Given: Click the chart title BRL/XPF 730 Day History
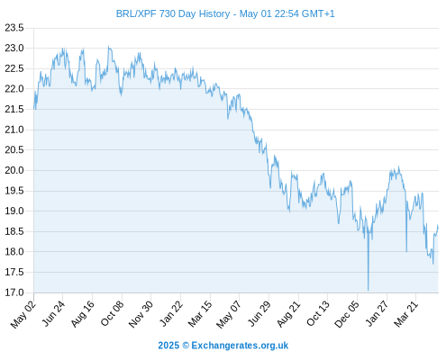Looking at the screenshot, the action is point(173,13).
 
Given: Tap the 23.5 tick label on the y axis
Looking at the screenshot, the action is point(14,28).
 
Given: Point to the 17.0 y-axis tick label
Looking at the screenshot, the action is point(14,292).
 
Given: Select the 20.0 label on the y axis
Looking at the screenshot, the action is point(14,170).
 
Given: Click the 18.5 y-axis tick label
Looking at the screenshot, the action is point(14,231).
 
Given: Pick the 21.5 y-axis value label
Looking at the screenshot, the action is point(14,109).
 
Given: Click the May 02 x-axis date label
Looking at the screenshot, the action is point(23,314).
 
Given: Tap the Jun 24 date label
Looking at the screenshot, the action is point(52,314).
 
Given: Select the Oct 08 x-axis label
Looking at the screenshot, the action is point(112,314).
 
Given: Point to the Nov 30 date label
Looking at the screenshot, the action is point(141,314).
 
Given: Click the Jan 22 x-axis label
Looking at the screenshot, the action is point(170,314).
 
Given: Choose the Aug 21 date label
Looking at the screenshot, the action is point(288,314).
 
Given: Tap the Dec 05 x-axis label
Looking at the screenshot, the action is point(347,314).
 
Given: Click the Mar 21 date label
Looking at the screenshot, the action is point(405,314).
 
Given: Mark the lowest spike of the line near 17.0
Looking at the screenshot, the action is point(369,290).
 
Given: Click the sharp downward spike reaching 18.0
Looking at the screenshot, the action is point(406,251).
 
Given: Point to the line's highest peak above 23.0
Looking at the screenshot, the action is point(109,46).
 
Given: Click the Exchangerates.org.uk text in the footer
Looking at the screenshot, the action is point(240,346).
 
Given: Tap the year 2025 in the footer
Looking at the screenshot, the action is point(168,346).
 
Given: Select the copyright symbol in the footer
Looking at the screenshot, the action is point(186,346).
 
